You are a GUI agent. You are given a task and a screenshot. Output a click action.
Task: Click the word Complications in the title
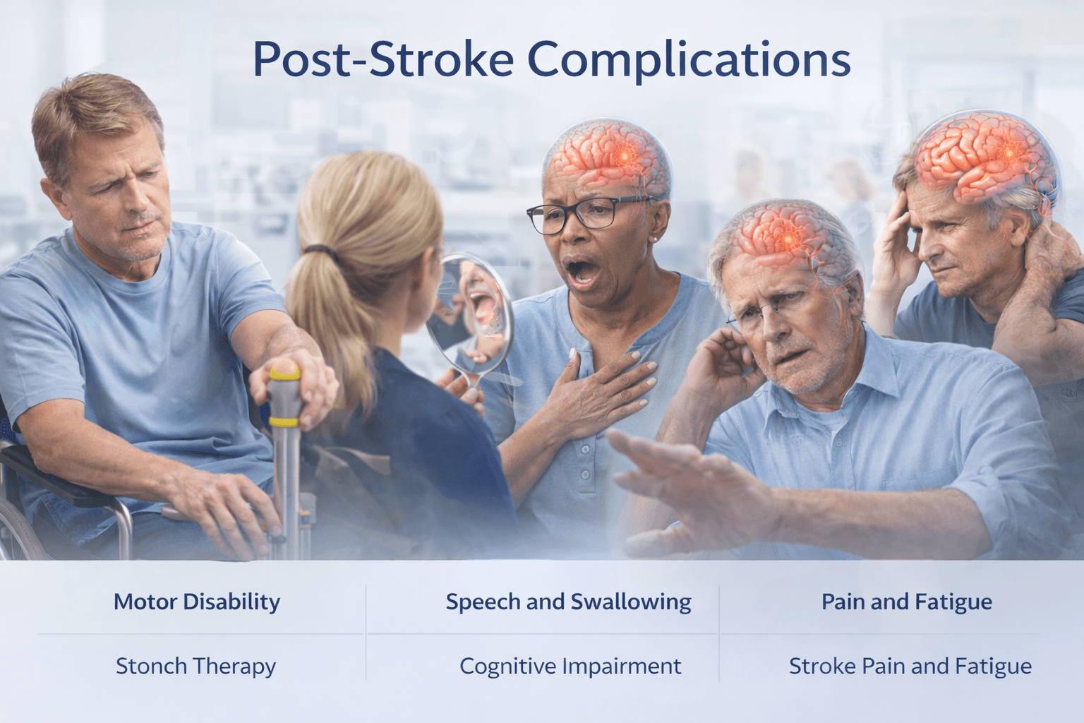[689, 59]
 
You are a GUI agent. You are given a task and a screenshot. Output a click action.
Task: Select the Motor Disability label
[197, 602]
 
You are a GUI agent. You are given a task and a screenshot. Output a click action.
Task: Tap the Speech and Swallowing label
[568, 602]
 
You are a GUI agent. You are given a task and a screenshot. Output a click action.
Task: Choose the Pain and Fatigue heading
[906, 602]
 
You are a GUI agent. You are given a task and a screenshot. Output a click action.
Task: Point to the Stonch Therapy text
[195, 666]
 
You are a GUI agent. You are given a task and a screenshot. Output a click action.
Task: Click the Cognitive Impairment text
[570, 666]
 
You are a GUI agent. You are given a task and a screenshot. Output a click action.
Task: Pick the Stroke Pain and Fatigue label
[910, 666]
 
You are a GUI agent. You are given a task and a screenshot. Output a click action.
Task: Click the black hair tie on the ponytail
[320, 251]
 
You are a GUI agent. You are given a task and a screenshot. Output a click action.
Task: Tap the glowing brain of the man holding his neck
[984, 159]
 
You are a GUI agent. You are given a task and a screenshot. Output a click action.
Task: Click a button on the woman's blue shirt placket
[585, 450]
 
